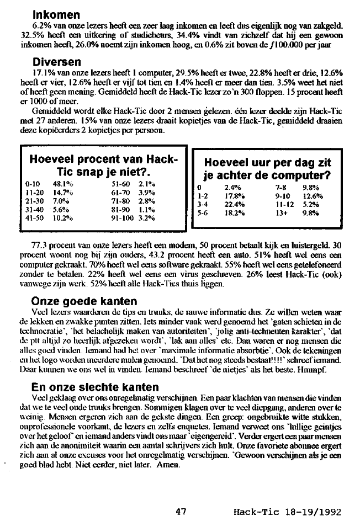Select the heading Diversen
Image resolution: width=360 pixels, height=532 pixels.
(x=57, y=62)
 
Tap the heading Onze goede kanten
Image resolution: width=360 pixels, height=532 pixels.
(x=84, y=301)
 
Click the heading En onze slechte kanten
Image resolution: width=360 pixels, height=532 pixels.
(x=95, y=387)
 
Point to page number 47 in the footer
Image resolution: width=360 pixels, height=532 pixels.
(x=180, y=512)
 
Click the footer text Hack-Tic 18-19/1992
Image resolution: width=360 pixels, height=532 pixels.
(x=280, y=512)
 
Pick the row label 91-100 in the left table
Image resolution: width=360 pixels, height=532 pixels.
(x=123, y=218)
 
